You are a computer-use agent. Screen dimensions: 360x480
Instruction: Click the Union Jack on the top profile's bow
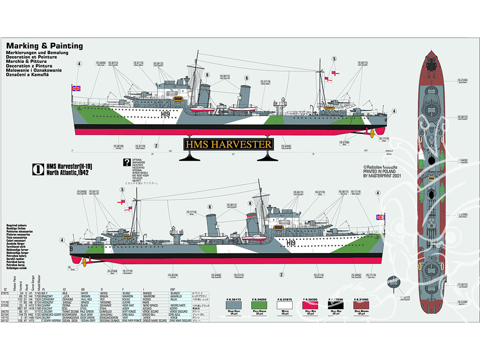pos(76,88)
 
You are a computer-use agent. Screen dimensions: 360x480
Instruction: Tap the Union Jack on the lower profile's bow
pos(380,217)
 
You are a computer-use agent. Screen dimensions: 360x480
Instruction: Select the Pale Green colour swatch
pos(259,306)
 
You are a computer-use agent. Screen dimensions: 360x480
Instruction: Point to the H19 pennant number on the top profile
pos(166,114)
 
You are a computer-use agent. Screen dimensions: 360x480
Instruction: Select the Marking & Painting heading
pos(44,46)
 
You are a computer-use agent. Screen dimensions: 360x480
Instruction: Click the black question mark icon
pos(127,162)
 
